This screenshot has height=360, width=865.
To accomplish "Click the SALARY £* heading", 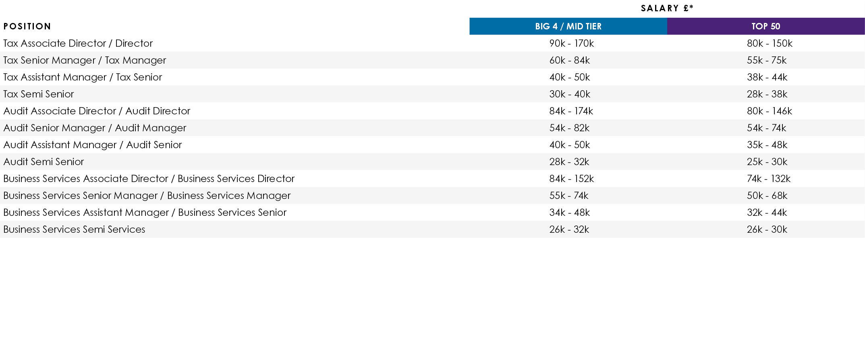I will tap(667, 8).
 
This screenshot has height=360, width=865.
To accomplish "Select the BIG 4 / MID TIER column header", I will tap(568, 27).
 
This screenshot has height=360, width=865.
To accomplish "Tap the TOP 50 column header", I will tap(765, 27).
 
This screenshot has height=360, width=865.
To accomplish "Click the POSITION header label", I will tap(27, 27).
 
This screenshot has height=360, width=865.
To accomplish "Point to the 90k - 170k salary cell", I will tap(571, 43).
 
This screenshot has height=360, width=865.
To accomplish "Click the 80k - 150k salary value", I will tap(769, 43).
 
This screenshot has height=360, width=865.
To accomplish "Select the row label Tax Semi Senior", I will tap(39, 94).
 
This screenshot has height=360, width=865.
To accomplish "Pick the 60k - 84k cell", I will tap(569, 60).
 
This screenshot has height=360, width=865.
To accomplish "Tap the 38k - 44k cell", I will tap(767, 77).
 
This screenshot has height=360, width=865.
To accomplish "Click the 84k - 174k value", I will tap(571, 111).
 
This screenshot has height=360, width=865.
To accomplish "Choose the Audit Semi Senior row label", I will tap(44, 162).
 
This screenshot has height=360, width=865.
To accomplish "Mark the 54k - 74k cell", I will tap(766, 128).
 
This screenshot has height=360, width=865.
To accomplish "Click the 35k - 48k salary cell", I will tap(767, 145).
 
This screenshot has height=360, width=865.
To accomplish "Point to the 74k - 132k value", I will tap(768, 179).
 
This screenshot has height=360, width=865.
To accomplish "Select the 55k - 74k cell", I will tap(568, 196).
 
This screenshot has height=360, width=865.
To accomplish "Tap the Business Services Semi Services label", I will tap(74, 230).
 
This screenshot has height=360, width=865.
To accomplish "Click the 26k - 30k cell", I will tap(767, 230).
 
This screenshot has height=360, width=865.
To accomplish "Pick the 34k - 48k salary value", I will tap(569, 213).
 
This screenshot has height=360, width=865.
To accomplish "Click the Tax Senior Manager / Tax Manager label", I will tap(85, 60).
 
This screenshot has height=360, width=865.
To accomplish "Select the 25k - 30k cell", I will tap(767, 162).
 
